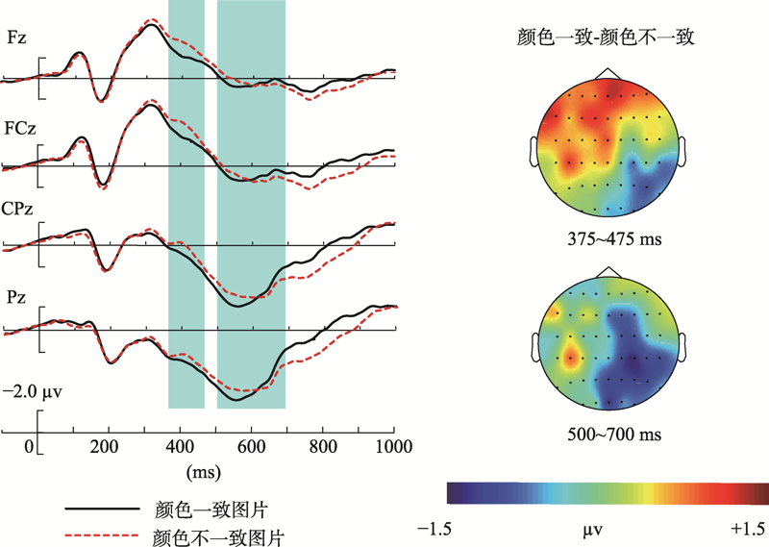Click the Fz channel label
[x=16, y=38]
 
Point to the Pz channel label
[x=16, y=298]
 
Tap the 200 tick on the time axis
[x=107, y=446]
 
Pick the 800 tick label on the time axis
[x=322, y=446]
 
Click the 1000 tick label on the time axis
[x=391, y=446]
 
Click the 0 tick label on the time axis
[x=29, y=446]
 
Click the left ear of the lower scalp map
[x=534, y=344]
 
